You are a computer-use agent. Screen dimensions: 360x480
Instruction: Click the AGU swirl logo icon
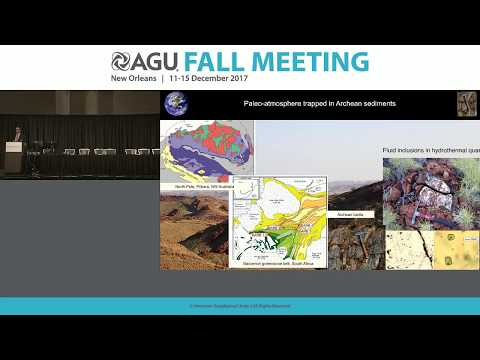coord(122,62)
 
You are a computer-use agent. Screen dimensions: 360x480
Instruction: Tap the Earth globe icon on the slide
coord(175,104)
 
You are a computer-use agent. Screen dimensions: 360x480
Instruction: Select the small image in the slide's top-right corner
coord(467,104)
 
